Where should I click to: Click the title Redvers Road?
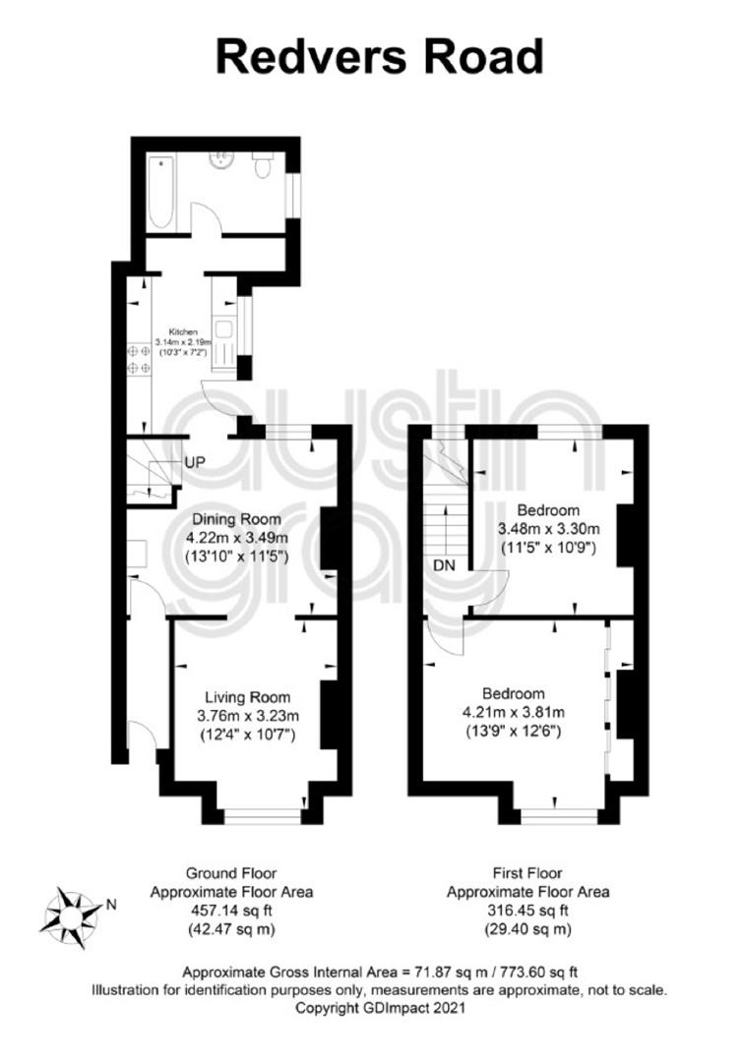point(380,57)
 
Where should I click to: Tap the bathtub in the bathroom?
point(162,192)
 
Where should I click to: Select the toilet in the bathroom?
point(262,164)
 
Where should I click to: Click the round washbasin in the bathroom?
point(220,159)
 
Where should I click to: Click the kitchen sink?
point(223,333)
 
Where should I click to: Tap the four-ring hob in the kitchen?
point(139,359)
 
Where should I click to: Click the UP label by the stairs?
point(194,462)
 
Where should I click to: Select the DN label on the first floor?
point(445,564)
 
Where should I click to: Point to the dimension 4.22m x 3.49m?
point(237,539)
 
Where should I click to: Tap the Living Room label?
point(248,697)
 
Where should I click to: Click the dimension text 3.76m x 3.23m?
point(248,715)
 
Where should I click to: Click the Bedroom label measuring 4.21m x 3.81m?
point(514,693)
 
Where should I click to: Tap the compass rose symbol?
point(71,917)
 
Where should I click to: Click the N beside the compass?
point(112,904)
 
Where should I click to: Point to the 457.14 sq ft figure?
point(231,911)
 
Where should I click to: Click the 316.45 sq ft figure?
point(527,911)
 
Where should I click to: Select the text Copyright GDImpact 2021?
point(380,1008)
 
